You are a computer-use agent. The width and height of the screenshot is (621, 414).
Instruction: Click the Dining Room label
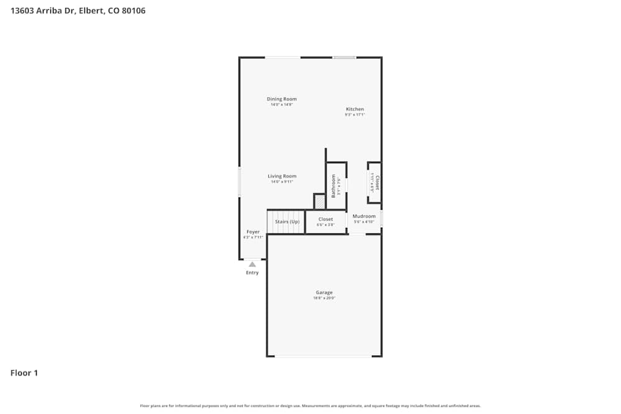point(281,99)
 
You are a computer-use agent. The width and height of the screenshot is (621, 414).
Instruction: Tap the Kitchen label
point(355,109)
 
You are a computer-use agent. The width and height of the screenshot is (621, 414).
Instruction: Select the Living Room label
point(281,176)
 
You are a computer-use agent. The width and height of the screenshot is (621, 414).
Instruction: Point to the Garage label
point(324,292)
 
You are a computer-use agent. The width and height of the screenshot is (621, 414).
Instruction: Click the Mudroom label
point(364,216)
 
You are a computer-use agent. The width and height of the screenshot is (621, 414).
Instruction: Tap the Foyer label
point(253,232)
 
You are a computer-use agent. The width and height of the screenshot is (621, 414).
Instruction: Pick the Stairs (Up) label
point(287,222)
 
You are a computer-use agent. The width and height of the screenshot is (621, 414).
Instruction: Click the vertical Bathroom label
point(333,185)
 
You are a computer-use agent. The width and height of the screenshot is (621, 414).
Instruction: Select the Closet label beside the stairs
point(325,219)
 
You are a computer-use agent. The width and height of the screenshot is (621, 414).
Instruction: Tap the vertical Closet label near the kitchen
point(377,182)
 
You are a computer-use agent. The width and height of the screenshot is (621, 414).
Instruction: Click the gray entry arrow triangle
point(252,264)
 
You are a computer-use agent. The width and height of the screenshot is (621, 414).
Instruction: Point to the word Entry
point(252,272)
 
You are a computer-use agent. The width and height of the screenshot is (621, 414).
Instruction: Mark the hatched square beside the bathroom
point(319,202)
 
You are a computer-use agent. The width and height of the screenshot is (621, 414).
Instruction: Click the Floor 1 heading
point(24,373)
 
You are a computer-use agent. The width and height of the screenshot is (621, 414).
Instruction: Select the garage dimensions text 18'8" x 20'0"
point(324,299)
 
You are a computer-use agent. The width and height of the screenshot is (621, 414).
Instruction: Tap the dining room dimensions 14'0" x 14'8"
point(281,105)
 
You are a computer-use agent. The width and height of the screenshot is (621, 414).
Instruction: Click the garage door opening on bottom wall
point(323,356)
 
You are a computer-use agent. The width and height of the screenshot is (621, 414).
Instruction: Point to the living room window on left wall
point(240,182)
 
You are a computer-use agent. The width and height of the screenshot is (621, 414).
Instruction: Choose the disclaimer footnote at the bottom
point(310,406)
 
